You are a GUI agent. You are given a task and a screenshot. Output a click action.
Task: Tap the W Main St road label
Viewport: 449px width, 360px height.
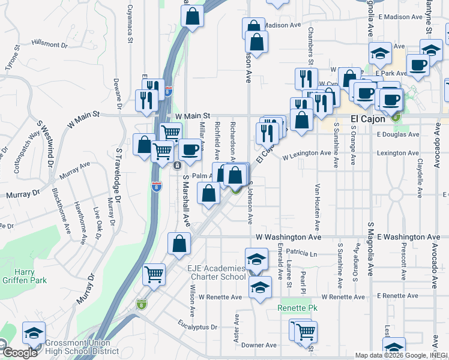point(193,115)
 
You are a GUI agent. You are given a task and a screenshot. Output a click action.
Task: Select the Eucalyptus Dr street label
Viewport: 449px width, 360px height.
point(197,327)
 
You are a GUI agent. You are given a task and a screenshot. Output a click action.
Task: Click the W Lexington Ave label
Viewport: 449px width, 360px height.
point(307,153)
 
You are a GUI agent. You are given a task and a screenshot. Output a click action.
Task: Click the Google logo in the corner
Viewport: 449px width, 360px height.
point(19,352)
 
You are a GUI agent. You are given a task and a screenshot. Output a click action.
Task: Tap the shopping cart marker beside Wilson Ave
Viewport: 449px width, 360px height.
point(154,274)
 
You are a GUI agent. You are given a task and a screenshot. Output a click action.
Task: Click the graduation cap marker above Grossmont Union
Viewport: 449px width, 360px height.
point(34,332)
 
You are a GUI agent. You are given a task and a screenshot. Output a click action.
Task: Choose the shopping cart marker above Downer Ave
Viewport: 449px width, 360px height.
point(306,330)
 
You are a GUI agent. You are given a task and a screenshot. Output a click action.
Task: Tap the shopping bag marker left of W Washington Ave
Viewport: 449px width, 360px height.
point(179,243)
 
